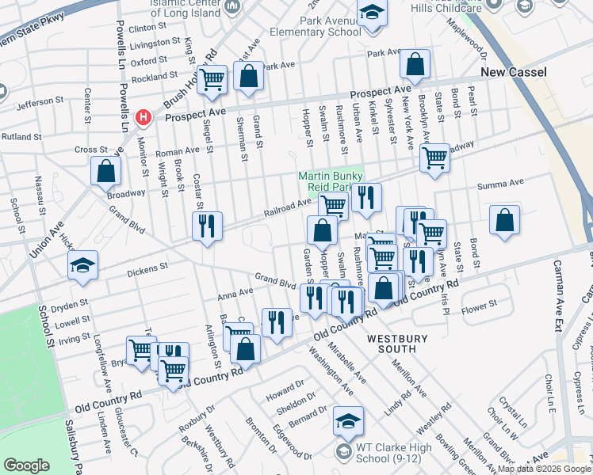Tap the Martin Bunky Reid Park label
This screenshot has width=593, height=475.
pos(330,181)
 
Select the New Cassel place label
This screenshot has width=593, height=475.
pos(515,73)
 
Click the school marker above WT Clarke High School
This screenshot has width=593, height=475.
pos(348,422)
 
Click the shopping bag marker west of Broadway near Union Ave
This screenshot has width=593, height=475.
pos(105,171)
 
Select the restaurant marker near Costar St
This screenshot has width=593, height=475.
pos(207,226)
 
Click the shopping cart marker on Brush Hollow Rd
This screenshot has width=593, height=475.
pos(212,79)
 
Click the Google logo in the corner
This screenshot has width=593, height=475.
pos(26,465)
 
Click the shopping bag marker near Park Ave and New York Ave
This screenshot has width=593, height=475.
pos(415,64)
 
